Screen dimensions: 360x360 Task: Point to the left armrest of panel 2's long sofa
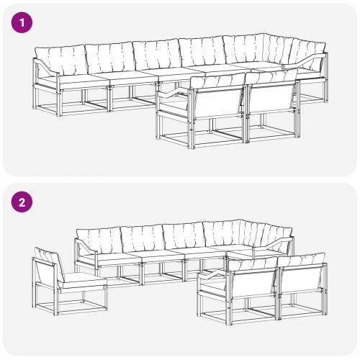coord(84,246)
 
